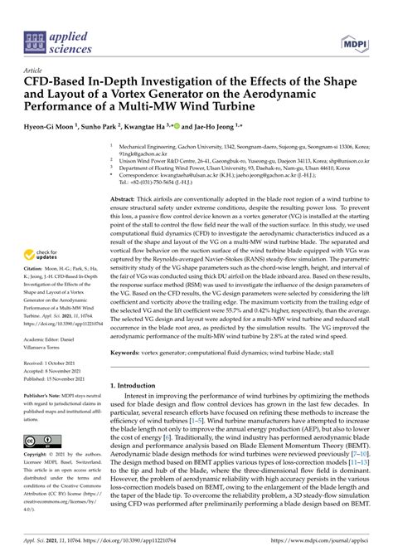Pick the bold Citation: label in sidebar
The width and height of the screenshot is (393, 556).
[x=36, y=270]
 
